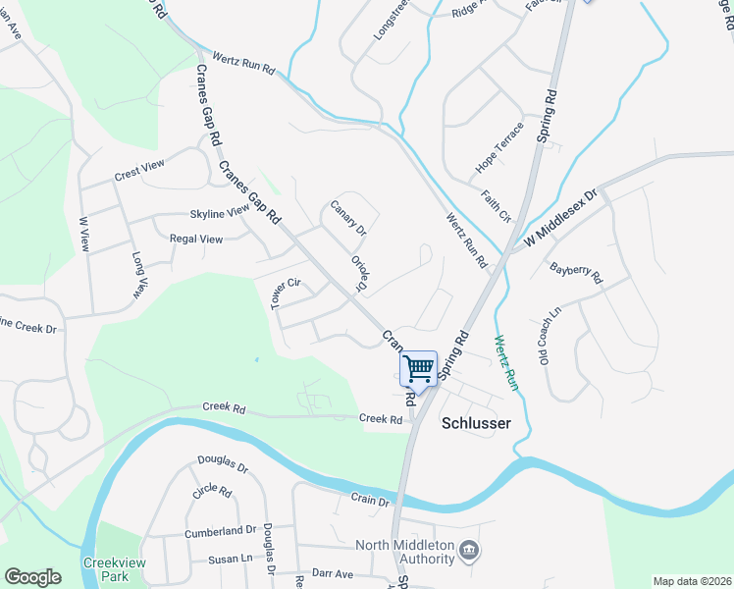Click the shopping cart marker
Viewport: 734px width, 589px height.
point(419,370)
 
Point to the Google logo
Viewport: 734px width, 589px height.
point(32,577)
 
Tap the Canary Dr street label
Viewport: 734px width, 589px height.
point(348,218)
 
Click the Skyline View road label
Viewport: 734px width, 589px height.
point(220,213)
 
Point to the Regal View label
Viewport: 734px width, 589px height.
point(196,239)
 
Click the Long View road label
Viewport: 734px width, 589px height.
point(139,274)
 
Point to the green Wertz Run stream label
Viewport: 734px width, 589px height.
point(505,363)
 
